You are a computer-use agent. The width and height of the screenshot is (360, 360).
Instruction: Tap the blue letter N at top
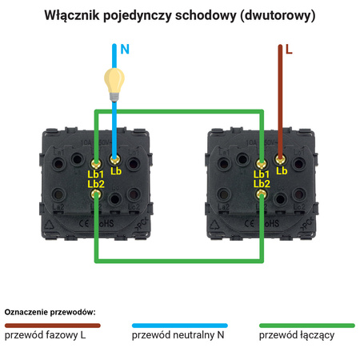[124, 49]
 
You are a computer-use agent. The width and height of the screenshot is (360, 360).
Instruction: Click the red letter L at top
[289, 49]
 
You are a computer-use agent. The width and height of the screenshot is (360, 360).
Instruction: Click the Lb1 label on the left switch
[96, 174]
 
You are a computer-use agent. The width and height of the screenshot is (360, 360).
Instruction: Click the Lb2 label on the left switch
[96, 183]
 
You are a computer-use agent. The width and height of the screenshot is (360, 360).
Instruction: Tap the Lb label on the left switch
[116, 170]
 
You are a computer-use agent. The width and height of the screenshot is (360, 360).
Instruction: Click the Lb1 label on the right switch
[261, 174]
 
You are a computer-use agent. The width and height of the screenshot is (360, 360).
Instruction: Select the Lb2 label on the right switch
[261, 183]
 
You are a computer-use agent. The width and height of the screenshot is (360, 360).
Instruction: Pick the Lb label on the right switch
[281, 170]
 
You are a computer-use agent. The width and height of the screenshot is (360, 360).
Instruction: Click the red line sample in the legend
[52, 326]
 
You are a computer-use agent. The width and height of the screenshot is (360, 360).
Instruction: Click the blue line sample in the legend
[179, 326]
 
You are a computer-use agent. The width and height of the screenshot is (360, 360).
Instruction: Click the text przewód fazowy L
[46, 336]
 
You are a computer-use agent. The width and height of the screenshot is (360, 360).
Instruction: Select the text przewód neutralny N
[178, 336]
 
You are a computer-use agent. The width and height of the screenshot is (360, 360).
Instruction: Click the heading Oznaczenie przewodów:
[50, 310]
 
